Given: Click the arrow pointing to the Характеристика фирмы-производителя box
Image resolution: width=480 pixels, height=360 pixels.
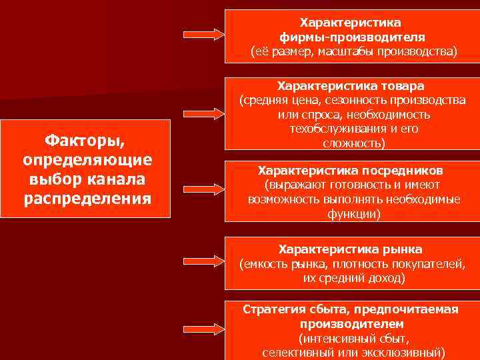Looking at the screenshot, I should (x=203, y=34).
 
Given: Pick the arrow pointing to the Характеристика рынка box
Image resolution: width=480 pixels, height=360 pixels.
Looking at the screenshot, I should (x=203, y=261).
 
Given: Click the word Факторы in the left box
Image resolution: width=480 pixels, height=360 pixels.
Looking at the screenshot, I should (x=87, y=141).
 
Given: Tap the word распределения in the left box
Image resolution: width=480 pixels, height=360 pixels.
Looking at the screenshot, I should (x=87, y=198).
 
